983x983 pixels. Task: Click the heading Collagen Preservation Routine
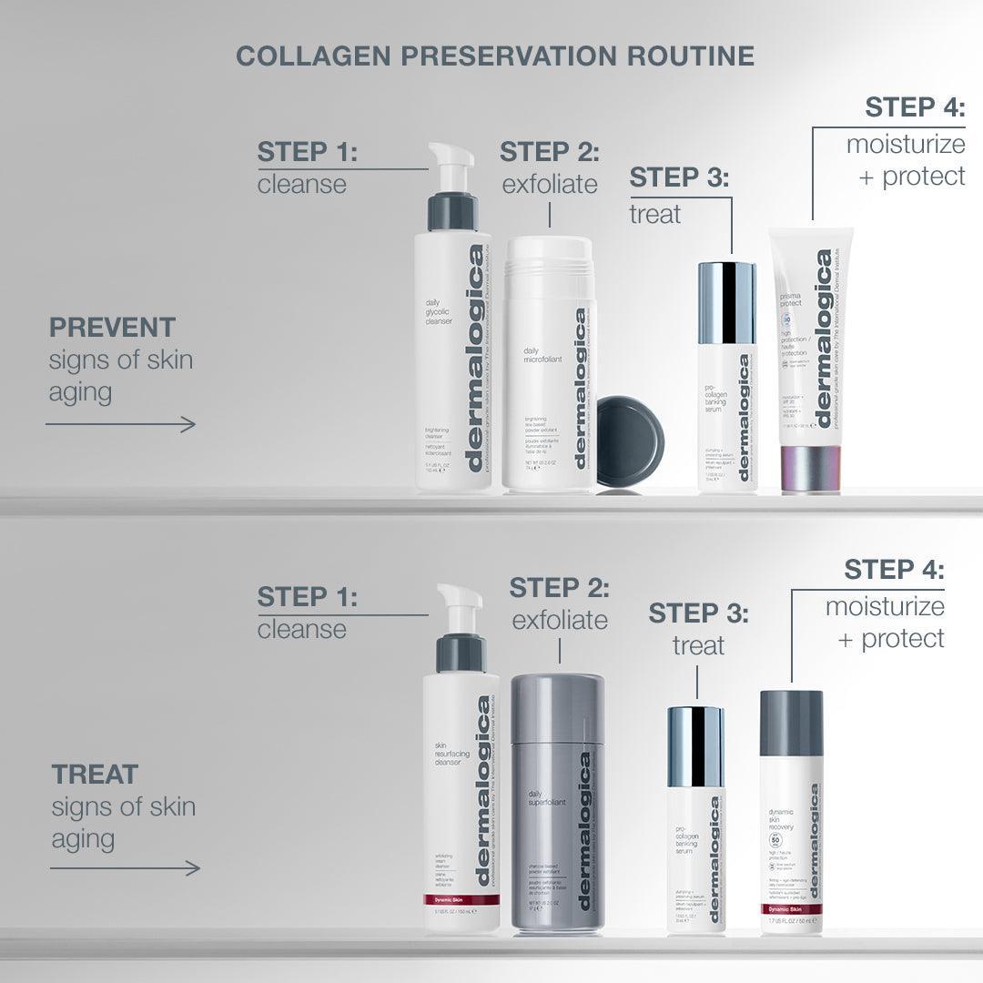coord(495,56)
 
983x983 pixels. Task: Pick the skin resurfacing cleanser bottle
coord(461,801)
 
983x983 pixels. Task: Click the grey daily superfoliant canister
coord(557,801)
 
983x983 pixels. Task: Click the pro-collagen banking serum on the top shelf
coord(727,382)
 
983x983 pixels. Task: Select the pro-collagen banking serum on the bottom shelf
coord(697,819)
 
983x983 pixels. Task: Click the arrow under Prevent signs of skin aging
coord(122,424)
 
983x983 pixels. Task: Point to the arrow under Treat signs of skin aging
coord(125,868)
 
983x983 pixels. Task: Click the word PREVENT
coord(112,327)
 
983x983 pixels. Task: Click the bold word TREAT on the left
coord(95,775)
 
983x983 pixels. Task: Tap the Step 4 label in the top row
coord(914,106)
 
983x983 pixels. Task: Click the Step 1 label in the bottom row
coord(307,597)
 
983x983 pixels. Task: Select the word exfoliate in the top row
coord(550,184)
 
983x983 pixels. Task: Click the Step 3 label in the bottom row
coord(698,613)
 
